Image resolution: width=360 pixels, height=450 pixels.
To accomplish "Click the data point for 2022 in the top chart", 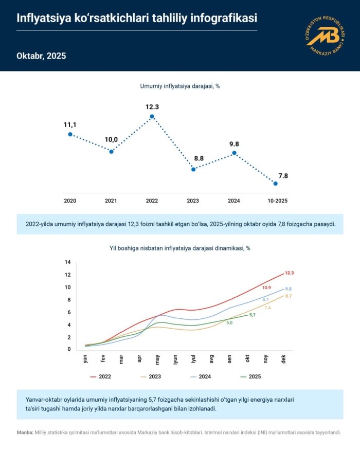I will [152, 117].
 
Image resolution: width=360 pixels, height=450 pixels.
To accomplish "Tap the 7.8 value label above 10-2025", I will [283, 175].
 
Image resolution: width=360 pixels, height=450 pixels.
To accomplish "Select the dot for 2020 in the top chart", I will [70, 134].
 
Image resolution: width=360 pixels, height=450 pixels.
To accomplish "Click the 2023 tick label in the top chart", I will [193, 200].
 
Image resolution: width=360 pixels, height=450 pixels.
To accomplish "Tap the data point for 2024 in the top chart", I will [235, 153].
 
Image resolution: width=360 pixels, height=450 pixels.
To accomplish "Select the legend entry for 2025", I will [250, 377].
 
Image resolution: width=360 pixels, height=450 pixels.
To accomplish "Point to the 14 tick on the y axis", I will [67, 262].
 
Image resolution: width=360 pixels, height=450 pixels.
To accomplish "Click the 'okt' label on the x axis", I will [248, 359].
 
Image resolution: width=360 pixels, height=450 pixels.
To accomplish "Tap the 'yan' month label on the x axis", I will [85, 359].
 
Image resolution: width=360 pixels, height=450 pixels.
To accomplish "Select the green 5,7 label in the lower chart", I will [252, 315].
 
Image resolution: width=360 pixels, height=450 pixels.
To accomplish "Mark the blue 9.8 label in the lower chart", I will [288, 289].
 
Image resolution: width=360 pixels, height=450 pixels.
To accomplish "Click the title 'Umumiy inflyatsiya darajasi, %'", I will [180, 86].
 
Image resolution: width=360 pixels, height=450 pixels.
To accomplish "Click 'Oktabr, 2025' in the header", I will [42, 56].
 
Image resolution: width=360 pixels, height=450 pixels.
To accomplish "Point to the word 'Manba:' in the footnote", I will [26, 433].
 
